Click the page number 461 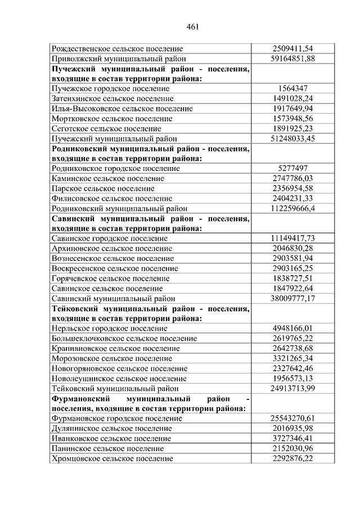coord(192,26)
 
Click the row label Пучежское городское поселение coord(110,88)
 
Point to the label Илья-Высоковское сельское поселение coord(119,109)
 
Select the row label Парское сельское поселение coord(102,188)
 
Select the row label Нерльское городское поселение coord(109,328)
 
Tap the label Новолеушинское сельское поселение coord(119,379)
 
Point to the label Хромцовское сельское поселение coord(111,458)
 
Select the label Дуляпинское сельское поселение coord(111,429)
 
